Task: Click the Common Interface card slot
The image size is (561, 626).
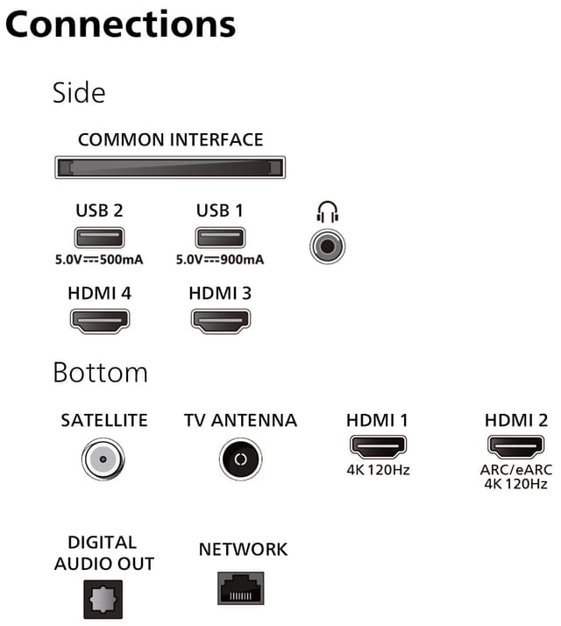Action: click(x=170, y=167)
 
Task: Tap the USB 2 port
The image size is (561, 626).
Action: click(x=99, y=238)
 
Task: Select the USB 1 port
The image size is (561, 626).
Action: click(x=220, y=238)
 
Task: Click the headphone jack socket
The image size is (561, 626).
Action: click(x=328, y=246)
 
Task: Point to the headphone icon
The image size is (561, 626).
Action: click(x=328, y=211)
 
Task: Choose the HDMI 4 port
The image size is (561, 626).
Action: click(x=100, y=321)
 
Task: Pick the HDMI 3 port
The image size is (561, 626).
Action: click(x=221, y=321)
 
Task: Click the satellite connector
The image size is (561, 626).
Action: click(x=103, y=459)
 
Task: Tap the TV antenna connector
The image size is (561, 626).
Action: click(x=240, y=459)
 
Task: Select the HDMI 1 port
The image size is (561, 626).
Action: click(x=378, y=447)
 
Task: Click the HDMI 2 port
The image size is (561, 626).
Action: click(x=515, y=447)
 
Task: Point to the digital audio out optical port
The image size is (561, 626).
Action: click(x=103, y=599)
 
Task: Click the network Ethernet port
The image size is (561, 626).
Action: click(x=241, y=588)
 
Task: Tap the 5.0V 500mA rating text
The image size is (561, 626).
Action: click(x=99, y=260)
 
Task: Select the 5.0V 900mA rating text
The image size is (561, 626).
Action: click(x=220, y=260)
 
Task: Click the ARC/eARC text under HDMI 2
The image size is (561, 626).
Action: click(x=516, y=470)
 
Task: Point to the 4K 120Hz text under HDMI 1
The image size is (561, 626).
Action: click(x=378, y=470)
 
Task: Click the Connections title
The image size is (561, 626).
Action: click(x=121, y=25)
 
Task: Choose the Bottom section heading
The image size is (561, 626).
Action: click(x=100, y=373)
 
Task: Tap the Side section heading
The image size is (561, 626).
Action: click(x=79, y=93)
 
